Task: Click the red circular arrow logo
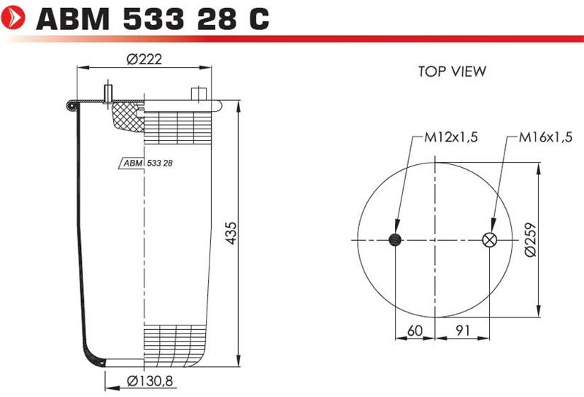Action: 12,17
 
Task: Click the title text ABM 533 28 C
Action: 153,19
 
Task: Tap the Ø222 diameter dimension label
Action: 144,59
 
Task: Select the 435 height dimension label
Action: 231,233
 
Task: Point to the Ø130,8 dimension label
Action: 150,381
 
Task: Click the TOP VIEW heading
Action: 452,71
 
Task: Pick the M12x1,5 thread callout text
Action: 451,137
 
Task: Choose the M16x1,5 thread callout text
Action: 545,137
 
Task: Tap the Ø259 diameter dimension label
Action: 530,239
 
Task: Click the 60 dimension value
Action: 415,331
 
